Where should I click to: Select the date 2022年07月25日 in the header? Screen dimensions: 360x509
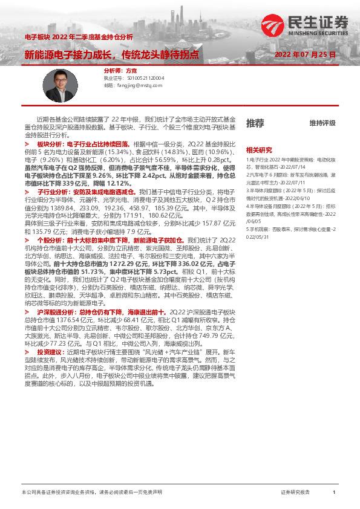coord(305,54)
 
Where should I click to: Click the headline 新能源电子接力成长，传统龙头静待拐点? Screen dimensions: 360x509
coord(111,54)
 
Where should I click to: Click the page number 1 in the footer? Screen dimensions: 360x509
coord(334,492)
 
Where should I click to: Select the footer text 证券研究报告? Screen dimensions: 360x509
coord(296,492)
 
